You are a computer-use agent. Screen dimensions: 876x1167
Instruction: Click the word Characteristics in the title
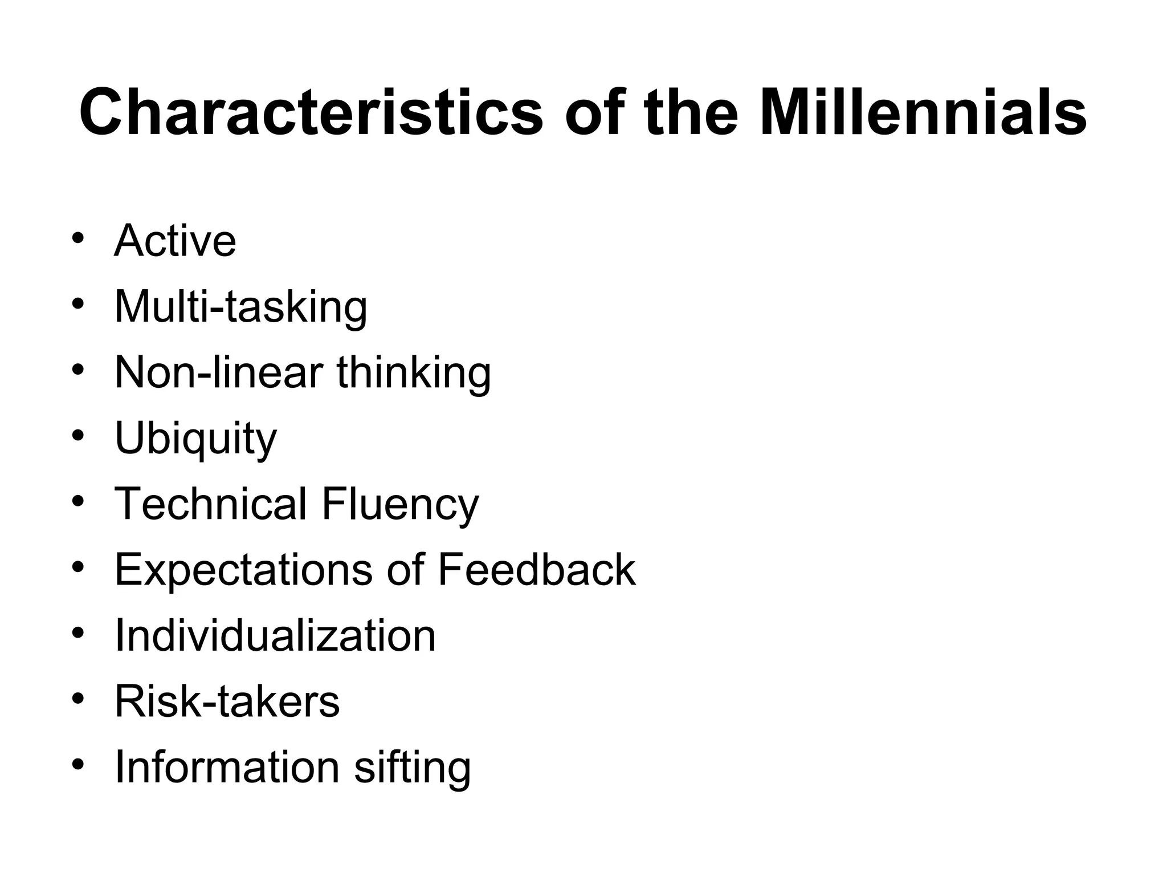[x=311, y=112]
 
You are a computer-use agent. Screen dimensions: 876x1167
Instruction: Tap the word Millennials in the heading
[x=923, y=112]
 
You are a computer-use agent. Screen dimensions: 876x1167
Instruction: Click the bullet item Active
[x=175, y=241]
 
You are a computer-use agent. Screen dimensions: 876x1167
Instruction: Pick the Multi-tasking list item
[x=240, y=307]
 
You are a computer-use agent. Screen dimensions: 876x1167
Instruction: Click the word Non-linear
[x=219, y=373]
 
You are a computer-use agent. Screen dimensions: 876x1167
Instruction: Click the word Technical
[x=211, y=504]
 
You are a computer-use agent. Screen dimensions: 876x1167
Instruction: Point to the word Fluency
[x=400, y=504]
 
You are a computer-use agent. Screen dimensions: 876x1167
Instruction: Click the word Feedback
[x=536, y=570]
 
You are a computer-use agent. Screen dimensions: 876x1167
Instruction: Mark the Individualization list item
[x=275, y=635]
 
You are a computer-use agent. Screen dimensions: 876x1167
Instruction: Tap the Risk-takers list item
[x=227, y=701]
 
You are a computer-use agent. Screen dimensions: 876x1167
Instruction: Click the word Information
[x=227, y=767]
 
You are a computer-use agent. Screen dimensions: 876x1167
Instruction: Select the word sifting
[x=413, y=767]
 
